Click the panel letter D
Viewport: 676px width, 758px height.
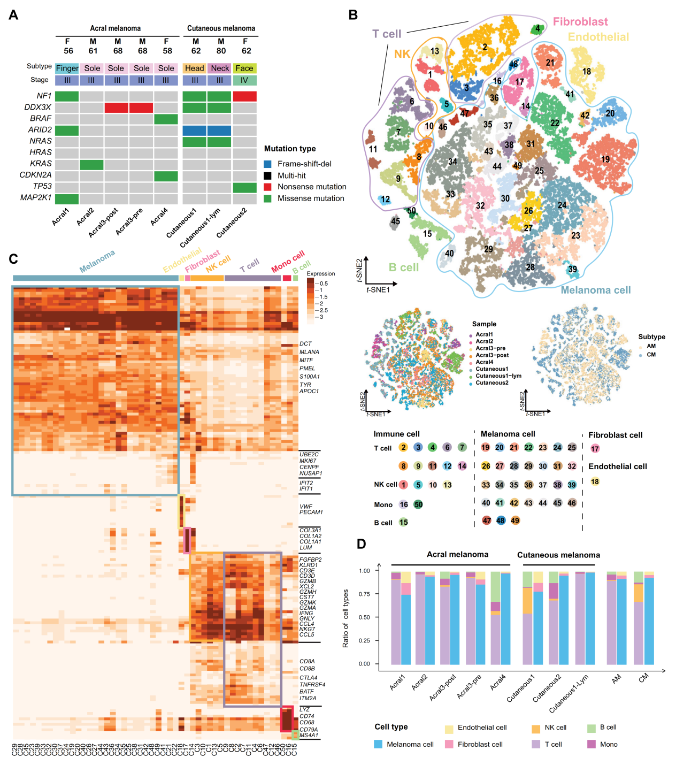point(362,543)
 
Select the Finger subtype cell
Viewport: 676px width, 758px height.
point(67,68)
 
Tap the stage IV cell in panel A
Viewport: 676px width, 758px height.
point(244,80)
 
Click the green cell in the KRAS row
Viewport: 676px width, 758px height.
point(92,164)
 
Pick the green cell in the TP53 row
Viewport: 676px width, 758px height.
point(244,187)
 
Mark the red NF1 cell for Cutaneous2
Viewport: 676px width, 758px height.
point(244,96)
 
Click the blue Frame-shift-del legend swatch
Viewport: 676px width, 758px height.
point(267,164)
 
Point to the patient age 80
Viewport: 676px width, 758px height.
point(221,51)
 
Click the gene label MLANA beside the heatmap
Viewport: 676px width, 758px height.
point(309,352)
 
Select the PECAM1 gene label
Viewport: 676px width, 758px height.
point(311,512)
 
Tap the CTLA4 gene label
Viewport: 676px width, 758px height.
point(309,678)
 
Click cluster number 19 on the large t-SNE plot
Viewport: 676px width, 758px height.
point(605,159)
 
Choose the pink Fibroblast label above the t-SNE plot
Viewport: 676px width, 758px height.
point(580,22)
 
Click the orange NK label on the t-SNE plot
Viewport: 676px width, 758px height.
point(402,54)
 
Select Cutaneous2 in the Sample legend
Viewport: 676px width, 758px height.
point(491,383)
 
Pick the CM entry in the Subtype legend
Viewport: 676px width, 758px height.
point(651,355)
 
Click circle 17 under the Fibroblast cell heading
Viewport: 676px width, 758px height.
point(595,449)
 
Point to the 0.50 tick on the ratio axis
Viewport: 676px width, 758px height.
point(364,617)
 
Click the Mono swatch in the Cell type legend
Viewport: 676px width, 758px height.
point(591,744)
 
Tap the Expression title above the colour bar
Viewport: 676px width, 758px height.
point(321,273)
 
